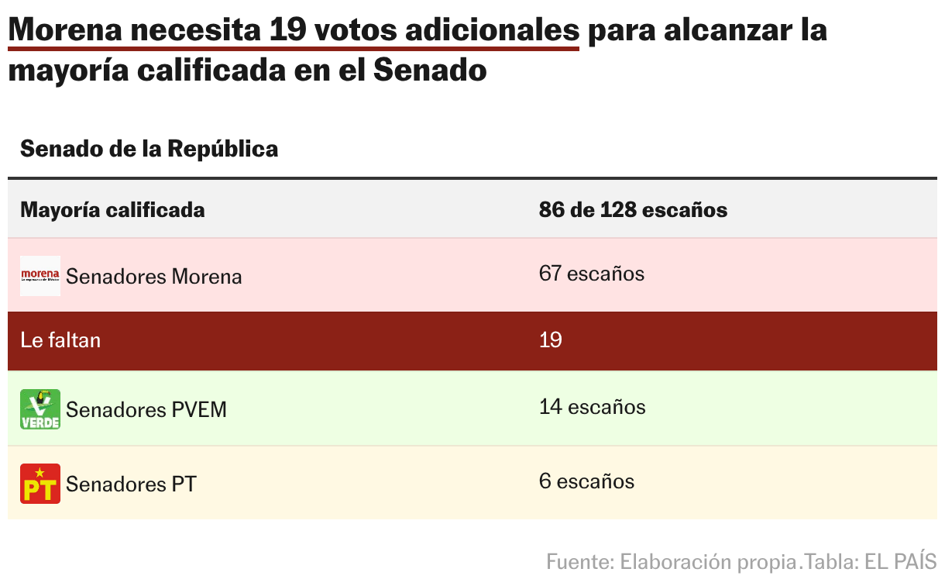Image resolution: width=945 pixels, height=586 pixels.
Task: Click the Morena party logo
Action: click(x=40, y=275)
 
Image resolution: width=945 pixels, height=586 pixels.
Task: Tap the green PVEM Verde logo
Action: click(x=40, y=408)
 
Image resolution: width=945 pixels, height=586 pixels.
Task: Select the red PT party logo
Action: click(x=40, y=484)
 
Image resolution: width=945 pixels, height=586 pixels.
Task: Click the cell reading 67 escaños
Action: click(x=591, y=274)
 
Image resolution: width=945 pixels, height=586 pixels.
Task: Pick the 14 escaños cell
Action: click(x=592, y=407)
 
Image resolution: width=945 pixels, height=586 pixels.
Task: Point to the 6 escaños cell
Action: click(x=586, y=481)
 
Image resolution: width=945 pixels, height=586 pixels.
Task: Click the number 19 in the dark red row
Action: click(x=550, y=340)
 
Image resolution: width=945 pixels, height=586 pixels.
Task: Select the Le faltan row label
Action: click(x=60, y=340)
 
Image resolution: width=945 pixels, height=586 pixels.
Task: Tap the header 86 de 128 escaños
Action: click(x=633, y=210)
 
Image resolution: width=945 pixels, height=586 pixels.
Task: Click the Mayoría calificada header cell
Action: click(x=112, y=210)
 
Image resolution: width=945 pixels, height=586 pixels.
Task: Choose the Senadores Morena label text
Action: click(x=153, y=277)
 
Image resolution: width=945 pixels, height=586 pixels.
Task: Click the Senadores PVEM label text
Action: click(x=146, y=409)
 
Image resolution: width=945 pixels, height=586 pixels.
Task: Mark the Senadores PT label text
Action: click(x=131, y=484)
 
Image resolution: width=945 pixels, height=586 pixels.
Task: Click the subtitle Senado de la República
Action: click(x=149, y=149)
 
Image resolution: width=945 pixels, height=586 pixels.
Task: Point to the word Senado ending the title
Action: click(x=430, y=71)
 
